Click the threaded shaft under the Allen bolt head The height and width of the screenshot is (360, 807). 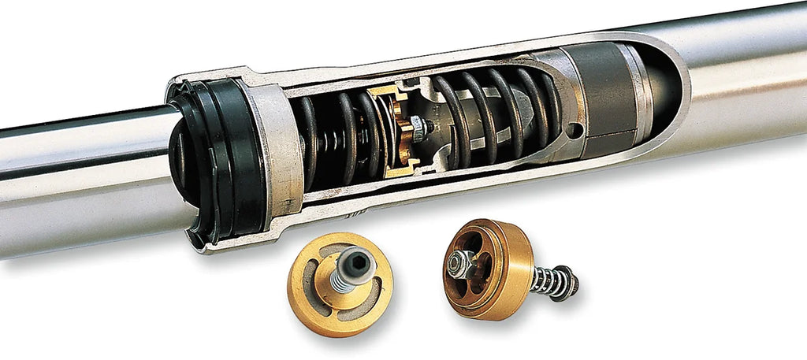tap(344, 280)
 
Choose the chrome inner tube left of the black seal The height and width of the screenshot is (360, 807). tap(87, 181)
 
